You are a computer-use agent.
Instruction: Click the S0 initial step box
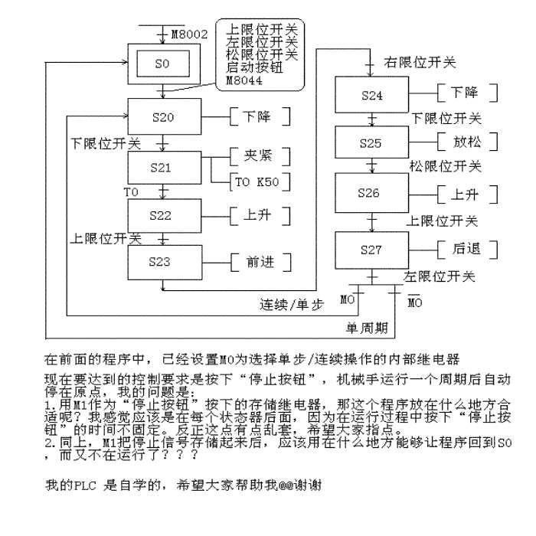click(161, 64)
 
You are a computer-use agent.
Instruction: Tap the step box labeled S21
click(164, 167)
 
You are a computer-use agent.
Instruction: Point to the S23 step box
click(164, 261)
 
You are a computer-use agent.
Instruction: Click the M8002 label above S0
click(186, 35)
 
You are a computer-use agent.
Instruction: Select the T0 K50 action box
click(259, 181)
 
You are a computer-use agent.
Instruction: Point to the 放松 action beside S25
click(466, 142)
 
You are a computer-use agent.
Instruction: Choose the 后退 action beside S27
click(466, 250)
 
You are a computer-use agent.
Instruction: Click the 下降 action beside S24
click(466, 93)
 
